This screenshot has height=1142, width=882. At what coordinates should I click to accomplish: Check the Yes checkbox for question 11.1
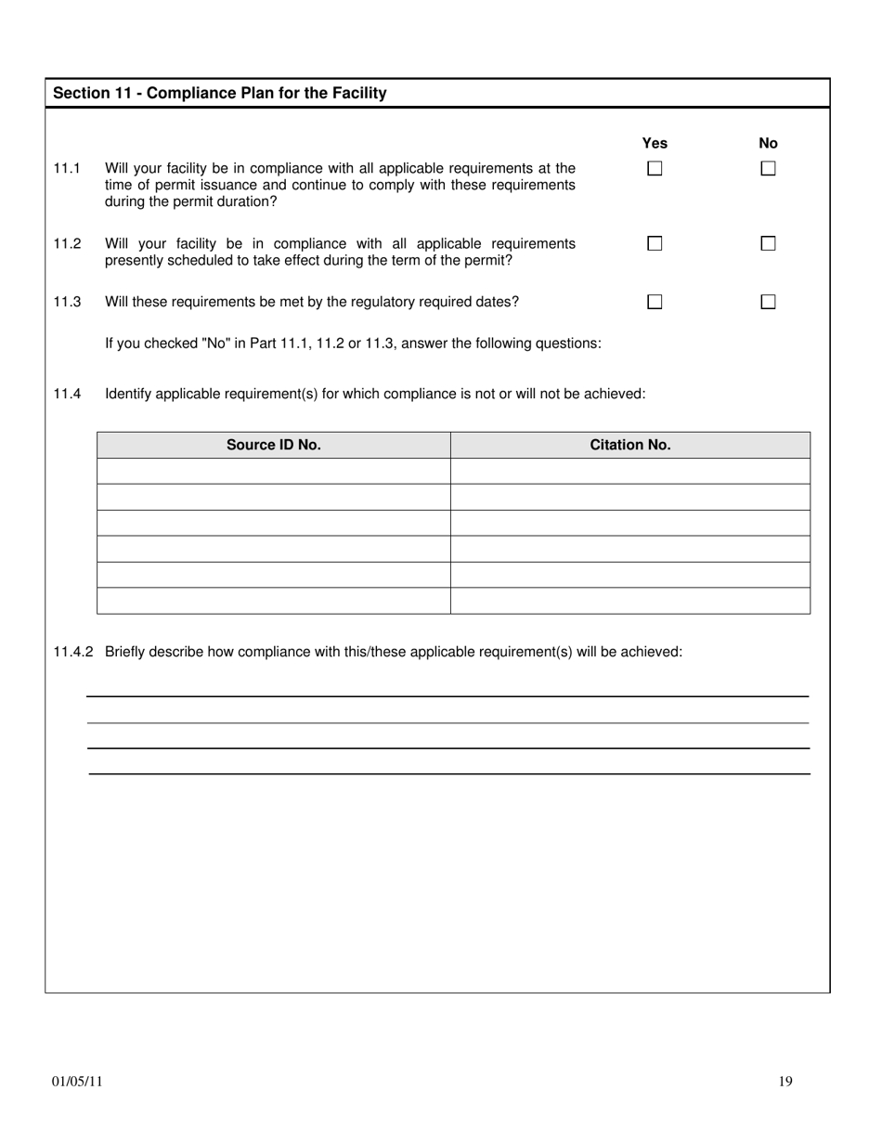coord(655,169)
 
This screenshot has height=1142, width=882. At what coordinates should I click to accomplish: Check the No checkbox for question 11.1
coord(768,169)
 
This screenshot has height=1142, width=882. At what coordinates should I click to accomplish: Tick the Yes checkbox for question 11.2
coord(655,243)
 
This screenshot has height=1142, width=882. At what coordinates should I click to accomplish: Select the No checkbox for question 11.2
coord(768,243)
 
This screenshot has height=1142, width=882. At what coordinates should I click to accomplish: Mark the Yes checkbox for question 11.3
coord(655,302)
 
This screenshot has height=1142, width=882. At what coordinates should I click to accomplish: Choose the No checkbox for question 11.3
coord(768,302)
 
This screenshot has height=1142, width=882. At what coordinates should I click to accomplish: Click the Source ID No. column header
coord(274,445)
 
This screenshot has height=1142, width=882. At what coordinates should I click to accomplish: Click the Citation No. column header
coord(629,445)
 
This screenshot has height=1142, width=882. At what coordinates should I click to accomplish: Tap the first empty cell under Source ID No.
coord(274,471)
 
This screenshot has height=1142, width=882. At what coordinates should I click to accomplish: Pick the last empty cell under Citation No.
coord(629,601)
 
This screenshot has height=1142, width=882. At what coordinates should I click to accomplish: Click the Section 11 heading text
coord(220,93)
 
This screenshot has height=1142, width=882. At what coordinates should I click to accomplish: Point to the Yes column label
coord(655,143)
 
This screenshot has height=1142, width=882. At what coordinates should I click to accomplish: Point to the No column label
coord(768,143)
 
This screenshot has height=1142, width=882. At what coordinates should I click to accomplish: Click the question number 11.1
coord(67,168)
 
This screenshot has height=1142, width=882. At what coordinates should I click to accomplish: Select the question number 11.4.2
coord(73,652)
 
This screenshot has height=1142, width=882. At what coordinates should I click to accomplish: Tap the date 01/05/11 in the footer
coord(77,1081)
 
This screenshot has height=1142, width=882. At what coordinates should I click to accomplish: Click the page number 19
coord(785,1081)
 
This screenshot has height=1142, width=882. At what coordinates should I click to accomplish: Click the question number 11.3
coord(67,302)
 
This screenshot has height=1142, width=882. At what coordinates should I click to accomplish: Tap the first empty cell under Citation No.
coord(629,471)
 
